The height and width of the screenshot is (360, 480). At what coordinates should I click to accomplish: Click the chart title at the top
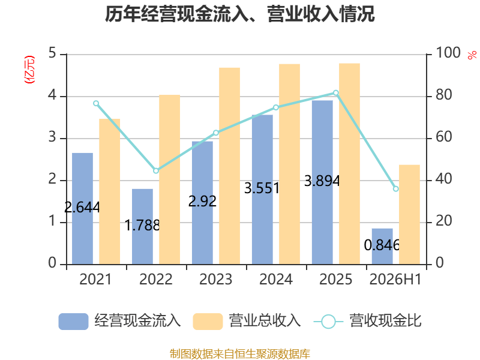coord(239,14)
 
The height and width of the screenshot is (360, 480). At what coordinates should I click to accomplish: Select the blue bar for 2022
coord(142,227)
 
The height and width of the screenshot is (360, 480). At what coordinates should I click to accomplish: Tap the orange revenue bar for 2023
coord(229,166)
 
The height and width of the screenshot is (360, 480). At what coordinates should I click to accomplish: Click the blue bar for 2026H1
coord(382,247)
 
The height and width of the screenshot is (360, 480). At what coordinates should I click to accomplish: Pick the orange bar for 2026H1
coord(409,215)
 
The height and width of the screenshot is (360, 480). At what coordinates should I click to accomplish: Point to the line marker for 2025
coord(336,93)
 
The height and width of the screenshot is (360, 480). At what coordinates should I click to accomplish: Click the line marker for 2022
coord(156,170)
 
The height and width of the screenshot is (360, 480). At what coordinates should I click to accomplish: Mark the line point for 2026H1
coord(396,189)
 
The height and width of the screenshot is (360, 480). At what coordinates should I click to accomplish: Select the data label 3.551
coord(262,188)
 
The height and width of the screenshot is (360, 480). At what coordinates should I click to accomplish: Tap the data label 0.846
coord(382,245)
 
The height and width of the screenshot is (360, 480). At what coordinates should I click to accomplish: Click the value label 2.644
coord(82,207)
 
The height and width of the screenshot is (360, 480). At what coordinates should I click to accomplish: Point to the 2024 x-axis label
coord(276,279)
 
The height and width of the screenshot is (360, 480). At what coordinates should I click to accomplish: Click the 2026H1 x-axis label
coord(395,279)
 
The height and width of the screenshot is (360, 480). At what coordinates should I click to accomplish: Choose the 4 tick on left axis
coord(52,95)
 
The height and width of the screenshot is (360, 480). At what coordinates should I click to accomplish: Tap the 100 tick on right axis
coord(448,53)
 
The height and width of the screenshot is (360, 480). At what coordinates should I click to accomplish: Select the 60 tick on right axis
coord(444,137)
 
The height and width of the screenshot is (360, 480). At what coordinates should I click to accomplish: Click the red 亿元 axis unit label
coord(29,70)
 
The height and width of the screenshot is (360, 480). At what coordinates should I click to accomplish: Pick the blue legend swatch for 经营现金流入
coord(73,322)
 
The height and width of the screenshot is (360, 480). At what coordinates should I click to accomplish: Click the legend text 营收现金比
coord(385,321)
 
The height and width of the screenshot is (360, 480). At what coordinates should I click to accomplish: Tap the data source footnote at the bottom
coord(240,354)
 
